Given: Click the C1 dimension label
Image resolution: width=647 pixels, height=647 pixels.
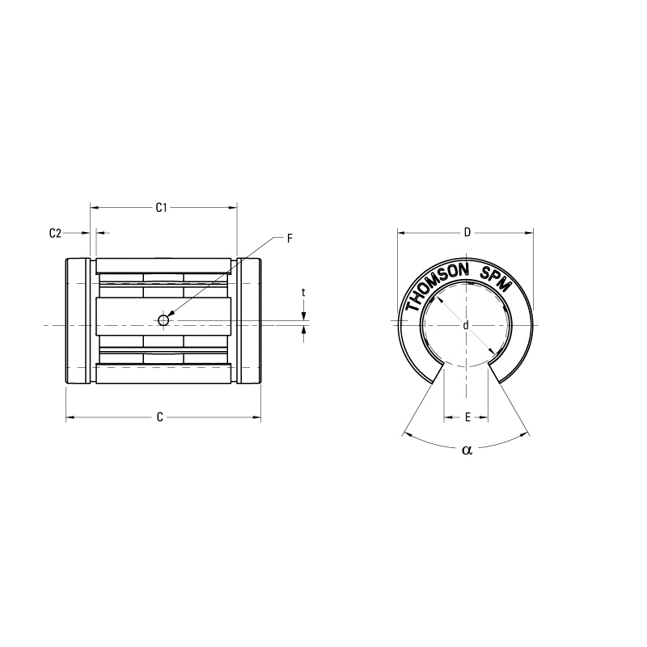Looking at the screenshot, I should point(161,208).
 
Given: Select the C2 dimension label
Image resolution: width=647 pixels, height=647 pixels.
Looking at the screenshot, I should point(55,233).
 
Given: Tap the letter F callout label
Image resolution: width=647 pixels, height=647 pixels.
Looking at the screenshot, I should point(290,239).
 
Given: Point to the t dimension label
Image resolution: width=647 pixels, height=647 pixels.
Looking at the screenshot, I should point(303,292).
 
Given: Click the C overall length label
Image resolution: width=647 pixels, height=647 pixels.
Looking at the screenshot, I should point(160,417).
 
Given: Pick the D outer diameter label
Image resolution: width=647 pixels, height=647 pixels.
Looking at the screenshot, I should point(467,233).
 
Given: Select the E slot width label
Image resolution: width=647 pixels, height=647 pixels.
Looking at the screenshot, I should point(467,417).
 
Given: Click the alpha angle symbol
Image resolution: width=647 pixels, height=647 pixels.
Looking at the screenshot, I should point(466,450).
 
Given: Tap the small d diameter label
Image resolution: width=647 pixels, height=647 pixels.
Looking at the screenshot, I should point(466,325).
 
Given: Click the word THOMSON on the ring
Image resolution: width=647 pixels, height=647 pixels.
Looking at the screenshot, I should point(437,283).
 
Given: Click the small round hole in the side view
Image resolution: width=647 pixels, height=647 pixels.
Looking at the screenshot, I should point(163,321).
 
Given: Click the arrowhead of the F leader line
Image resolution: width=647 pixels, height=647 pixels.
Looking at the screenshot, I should point(171,314).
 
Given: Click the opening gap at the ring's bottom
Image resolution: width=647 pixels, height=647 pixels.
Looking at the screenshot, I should point(467,372).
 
